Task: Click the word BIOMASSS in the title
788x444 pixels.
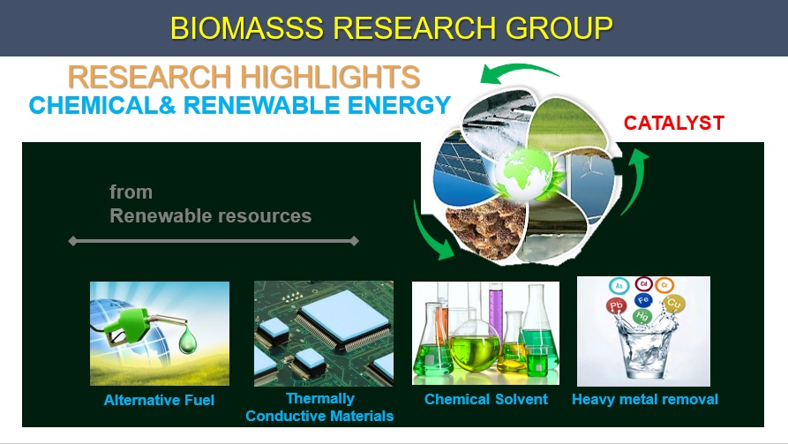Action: (x=247, y=28)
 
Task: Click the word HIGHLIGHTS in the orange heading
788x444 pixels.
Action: (x=330, y=77)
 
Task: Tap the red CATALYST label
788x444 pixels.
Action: (x=673, y=124)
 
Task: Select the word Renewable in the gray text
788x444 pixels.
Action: (x=161, y=215)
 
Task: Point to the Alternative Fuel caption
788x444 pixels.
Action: (x=159, y=400)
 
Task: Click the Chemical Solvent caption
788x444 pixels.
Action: (x=485, y=399)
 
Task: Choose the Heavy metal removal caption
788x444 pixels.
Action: (x=645, y=399)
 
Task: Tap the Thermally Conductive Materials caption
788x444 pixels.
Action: (x=319, y=407)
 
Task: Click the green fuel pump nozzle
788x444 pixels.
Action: (x=136, y=325)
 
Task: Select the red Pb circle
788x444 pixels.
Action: (x=616, y=305)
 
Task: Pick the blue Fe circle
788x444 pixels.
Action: (x=643, y=300)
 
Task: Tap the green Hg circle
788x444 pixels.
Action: (x=642, y=316)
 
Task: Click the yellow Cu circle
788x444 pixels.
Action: (x=673, y=303)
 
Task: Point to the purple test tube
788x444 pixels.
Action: (x=495, y=312)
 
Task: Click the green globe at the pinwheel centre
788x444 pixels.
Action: (x=523, y=174)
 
